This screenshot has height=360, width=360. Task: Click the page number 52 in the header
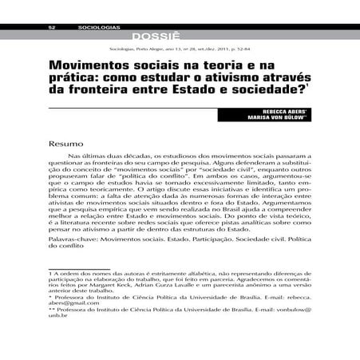51,28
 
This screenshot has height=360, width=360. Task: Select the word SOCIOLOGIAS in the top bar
98,28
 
